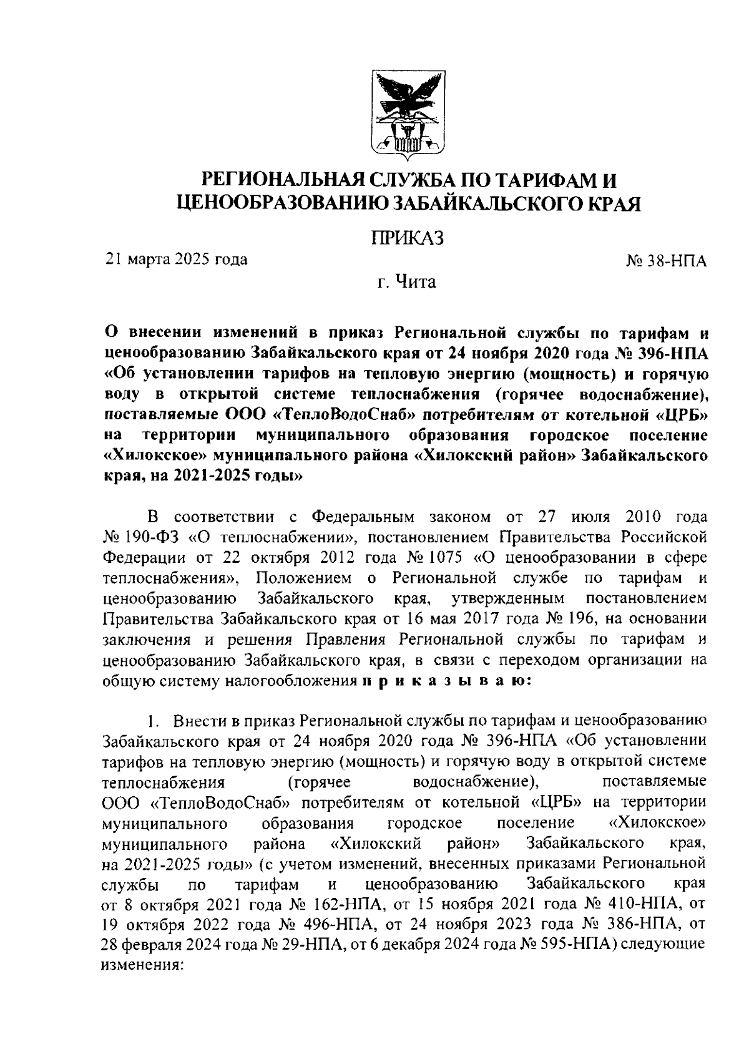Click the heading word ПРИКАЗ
[x=407, y=238]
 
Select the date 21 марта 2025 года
[x=177, y=258]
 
